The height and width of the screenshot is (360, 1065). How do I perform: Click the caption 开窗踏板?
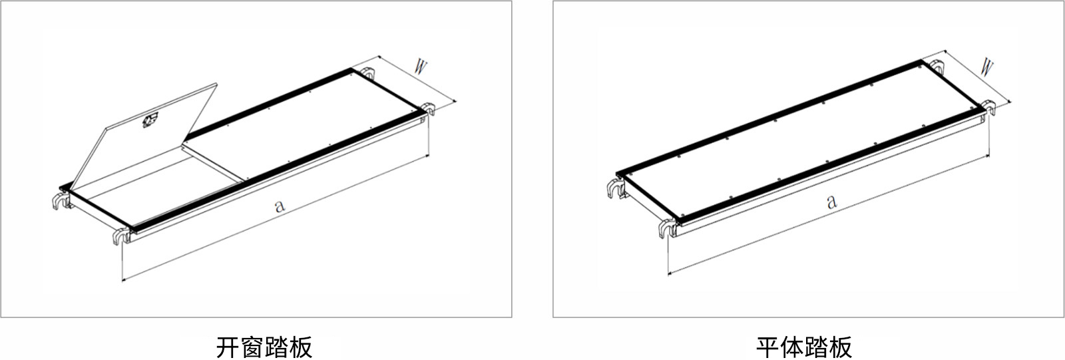coord(264,347)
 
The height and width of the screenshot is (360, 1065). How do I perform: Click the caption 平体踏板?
coord(804,347)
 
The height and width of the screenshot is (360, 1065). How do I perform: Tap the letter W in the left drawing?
coord(420,67)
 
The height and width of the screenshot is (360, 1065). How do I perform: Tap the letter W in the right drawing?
coord(986,68)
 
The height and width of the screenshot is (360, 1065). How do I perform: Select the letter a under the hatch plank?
coord(280,206)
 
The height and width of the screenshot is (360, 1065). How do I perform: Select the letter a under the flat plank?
coord(831,202)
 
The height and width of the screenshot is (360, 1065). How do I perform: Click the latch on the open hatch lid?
coord(150,121)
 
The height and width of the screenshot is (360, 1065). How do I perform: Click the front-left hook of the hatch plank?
coord(121,236)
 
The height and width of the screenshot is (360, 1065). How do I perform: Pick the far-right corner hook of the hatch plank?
coord(429,109)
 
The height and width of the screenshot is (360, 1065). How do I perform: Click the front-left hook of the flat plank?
coord(667,228)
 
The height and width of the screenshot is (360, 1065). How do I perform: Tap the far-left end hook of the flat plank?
coord(616,188)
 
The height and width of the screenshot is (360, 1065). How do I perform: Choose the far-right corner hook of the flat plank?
coord(989,108)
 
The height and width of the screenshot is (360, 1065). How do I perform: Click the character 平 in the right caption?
coord(768,347)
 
